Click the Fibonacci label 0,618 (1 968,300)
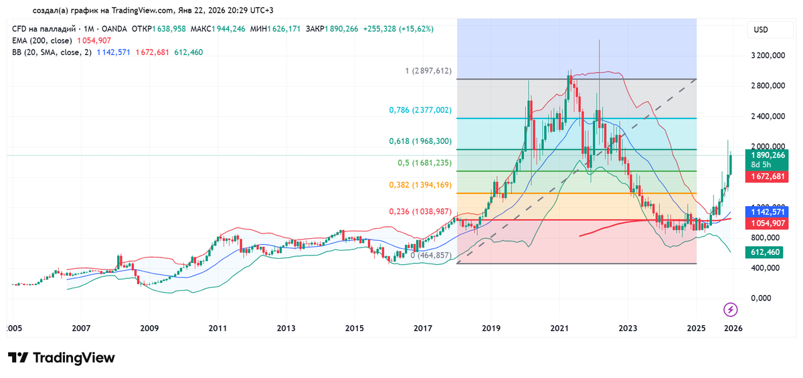tap(421, 142)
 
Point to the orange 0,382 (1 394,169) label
tap(421, 185)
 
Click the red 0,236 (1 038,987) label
tap(421, 211)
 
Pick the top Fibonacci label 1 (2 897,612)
tap(428, 71)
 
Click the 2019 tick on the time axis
tap(491, 328)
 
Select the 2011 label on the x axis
tap(217, 328)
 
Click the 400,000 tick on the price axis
tap(764, 268)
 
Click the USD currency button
tap(761, 30)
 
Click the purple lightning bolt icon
tap(731, 309)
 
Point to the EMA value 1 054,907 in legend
tap(90, 41)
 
